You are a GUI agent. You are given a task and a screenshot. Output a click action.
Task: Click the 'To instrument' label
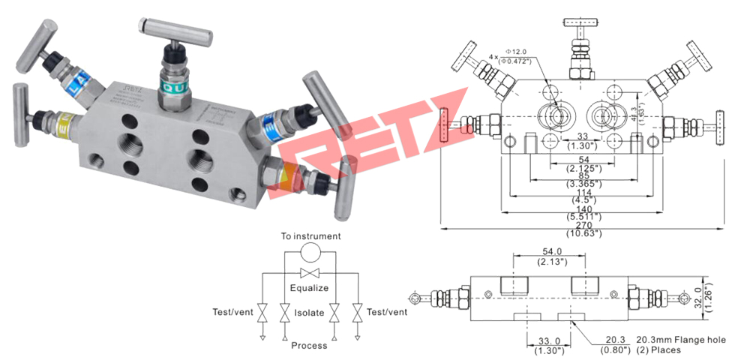click(310, 236)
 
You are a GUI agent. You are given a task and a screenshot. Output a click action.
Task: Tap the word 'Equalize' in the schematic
click(310, 287)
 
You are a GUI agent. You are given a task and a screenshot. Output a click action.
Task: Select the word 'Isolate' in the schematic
click(309, 312)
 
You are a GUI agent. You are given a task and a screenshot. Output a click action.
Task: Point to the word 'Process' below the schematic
click(309, 346)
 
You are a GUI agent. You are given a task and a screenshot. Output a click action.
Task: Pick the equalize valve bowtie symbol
click(310, 272)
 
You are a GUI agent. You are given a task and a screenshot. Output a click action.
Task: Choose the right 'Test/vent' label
click(387, 312)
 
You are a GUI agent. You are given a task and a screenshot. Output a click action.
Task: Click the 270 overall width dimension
click(582, 223)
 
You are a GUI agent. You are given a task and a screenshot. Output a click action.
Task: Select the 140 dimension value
click(582, 209)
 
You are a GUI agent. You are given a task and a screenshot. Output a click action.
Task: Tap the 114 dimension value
click(582, 192)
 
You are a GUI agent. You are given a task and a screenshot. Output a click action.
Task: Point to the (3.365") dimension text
click(582, 184)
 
